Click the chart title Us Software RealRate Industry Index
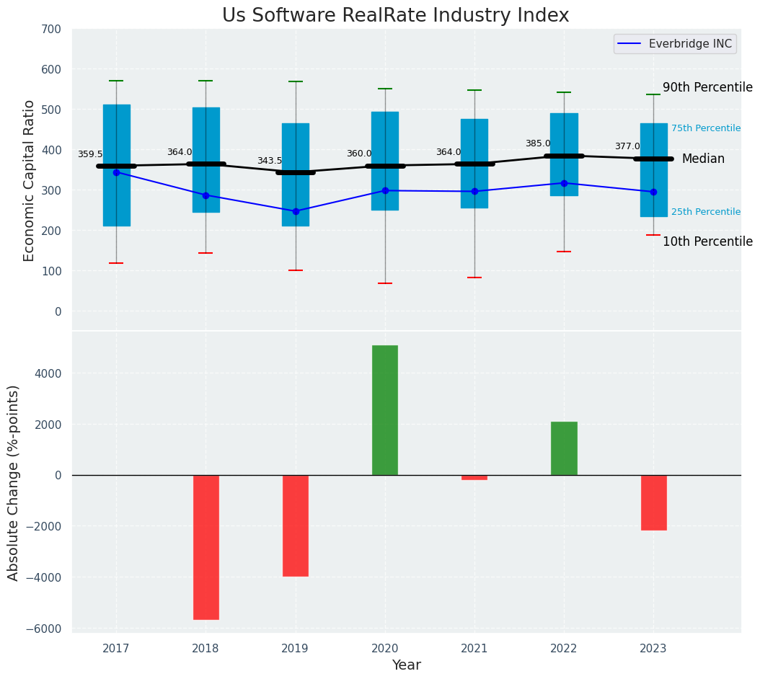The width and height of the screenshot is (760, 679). coord(395,16)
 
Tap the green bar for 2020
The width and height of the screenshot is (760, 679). coord(385,409)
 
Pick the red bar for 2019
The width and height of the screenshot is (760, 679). coord(296,525)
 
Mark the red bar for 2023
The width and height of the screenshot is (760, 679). coord(653,502)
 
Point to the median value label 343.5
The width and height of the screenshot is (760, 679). coord(270,161)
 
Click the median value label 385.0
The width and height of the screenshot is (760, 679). coord(538,143)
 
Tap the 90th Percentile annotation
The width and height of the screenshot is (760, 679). coord(707,88)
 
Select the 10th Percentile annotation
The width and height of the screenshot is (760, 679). coord(707,241)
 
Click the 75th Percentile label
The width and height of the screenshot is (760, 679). coord(706,128)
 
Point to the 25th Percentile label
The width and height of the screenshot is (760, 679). coord(706,212)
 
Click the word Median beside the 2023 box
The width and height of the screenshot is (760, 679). coord(703,159)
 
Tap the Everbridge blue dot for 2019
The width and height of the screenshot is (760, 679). coord(296,211)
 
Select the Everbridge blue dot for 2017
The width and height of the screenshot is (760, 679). coord(116,172)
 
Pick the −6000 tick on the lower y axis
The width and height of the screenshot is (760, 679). coord(46,629)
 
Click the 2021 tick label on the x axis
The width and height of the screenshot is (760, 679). coord(474,649)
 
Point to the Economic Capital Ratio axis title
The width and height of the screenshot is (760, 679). coord(30,180)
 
